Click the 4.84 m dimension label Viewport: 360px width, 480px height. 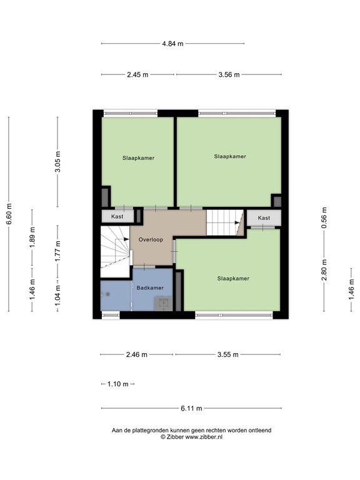pyautogui.click(x=172, y=44)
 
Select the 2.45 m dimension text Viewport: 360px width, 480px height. pyautogui.click(x=137, y=74)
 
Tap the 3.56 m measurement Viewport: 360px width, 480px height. pyautogui.click(x=229, y=74)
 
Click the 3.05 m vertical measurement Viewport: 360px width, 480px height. pyautogui.click(x=57, y=161)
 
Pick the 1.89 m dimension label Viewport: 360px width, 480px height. pyautogui.click(x=32, y=239)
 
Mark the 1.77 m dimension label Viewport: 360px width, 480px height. pyautogui.click(x=57, y=251)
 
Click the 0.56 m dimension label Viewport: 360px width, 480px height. pyautogui.click(x=324, y=217)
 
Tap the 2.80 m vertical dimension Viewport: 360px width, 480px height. pyautogui.click(x=324, y=270)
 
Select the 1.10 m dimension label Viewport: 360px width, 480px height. pyautogui.click(x=117, y=384)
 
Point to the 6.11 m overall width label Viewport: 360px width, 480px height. pyautogui.click(x=191, y=409)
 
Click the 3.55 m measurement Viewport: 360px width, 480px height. pyautogui.click(x=228, y=354)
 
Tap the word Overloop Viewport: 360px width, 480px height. pyautogui.click(x=151, y=239)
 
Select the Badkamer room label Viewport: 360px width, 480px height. pyautogui.click(x=150, y=287)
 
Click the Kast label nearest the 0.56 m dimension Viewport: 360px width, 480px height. pyautogui.click(x=264, y=218)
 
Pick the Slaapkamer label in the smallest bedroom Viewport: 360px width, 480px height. pyautogui.click(x=138, y=158)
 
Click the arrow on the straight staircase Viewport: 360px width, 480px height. pyautogui.click(x=237, y=221)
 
